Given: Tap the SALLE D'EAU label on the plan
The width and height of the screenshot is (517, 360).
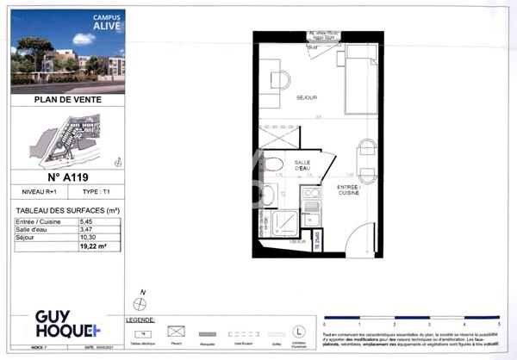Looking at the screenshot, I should (302, 165).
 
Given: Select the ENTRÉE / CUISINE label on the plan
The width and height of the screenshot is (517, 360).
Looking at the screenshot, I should (348, 189).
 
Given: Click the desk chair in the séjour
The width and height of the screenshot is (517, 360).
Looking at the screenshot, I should (280, 80).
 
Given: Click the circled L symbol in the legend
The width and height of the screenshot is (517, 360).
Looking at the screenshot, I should (299, 330).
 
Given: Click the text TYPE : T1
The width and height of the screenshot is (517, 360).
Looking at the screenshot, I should (97, 196).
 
